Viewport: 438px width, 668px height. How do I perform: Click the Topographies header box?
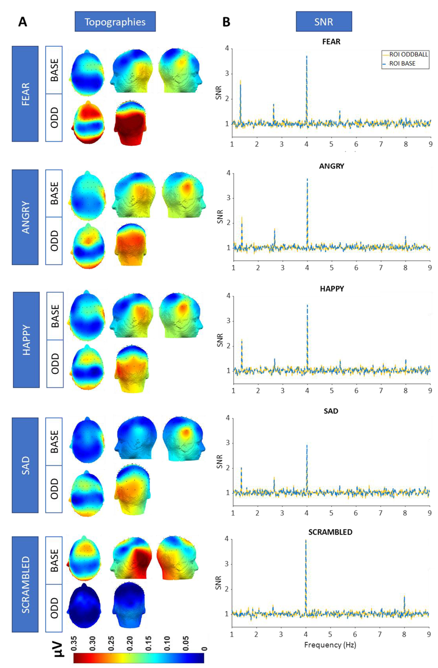tap(115, 22)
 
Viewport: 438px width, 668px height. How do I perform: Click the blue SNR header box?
tap(323, 22)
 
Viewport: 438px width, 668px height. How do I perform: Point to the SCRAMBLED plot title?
tap(331, 532)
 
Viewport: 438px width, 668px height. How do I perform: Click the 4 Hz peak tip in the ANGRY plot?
tap(307, 179)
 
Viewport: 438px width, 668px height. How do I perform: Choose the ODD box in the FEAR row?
tap(54, 118)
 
